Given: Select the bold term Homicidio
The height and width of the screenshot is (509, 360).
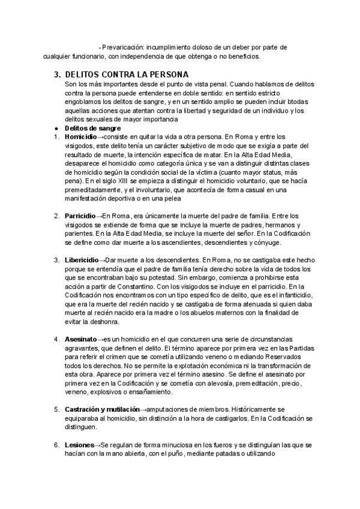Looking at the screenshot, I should [80, 136].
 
